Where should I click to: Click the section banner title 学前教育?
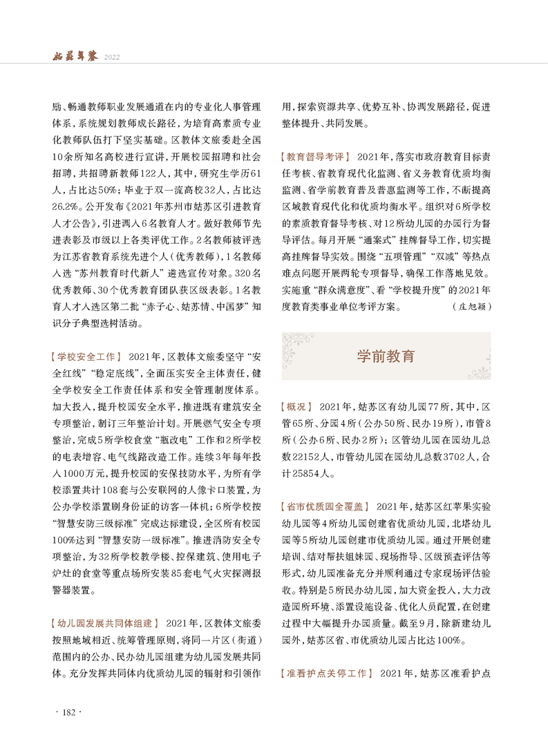coord(386,356)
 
